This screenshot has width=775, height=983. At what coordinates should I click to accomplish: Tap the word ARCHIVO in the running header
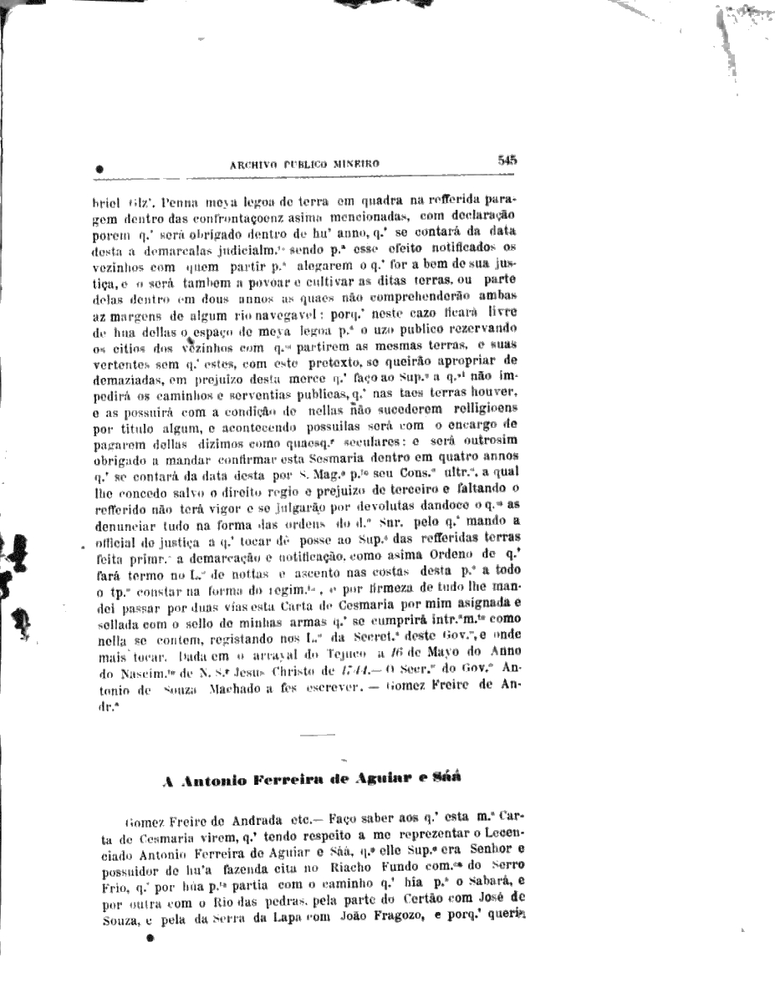coord(253,165)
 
